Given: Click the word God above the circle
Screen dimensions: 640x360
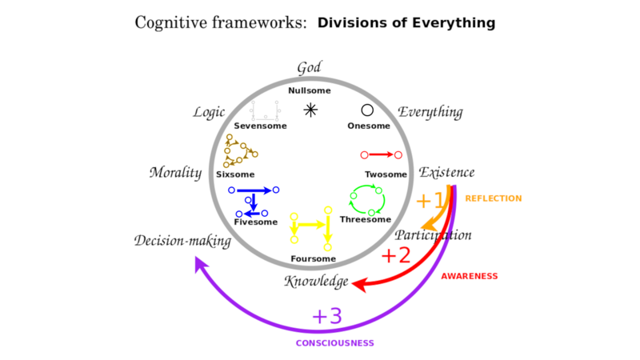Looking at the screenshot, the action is click(x=309, y=67).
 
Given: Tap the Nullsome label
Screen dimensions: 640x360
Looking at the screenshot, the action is click(x=310, y=90).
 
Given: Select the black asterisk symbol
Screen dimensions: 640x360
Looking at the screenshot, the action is click(x=310, y=110).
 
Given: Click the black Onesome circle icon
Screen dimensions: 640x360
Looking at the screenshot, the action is click(x=367, y=110).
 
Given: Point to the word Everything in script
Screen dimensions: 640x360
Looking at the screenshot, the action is click(x=430, y=112).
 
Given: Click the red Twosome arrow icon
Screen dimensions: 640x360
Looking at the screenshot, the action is click(x=382, y=154).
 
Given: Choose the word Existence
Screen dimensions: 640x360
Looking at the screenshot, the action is click(x=446, y=172).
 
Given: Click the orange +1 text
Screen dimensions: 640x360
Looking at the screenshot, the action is click(x=430, y=201).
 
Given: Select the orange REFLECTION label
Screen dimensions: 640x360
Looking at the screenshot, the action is click(x=494, y=198).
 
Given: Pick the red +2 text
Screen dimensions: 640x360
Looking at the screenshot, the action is click(x=396, y=255).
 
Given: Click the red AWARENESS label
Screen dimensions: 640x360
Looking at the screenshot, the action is click(x=470, y=276).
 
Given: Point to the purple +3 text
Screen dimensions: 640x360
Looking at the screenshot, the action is click(x=327, y=316).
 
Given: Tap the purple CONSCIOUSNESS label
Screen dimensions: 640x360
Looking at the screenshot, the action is click(x=335, y=343).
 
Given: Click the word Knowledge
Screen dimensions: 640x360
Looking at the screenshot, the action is click(x=316, y=282).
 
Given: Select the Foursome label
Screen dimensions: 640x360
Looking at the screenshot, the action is click(x=313, y=258).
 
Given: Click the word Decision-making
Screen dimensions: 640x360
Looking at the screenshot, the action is click(x=182, y=241).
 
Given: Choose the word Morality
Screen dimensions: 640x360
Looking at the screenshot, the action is click(x=175, y=173).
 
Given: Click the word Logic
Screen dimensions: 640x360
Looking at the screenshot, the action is click(x=209, y=112).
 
